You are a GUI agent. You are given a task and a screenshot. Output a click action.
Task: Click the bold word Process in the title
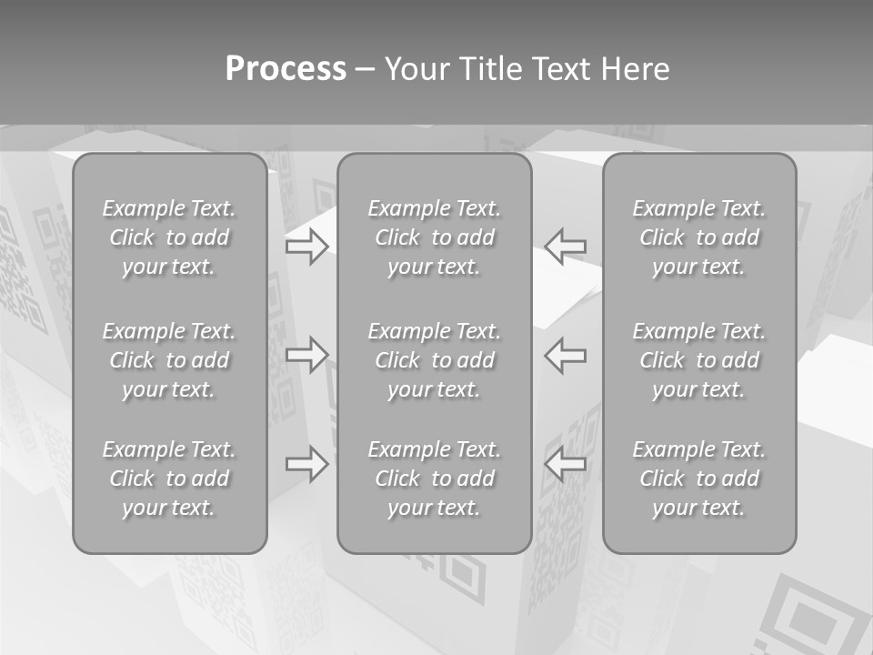[x=286, y=69]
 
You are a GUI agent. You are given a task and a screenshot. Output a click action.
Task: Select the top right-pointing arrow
[x=306, y=246]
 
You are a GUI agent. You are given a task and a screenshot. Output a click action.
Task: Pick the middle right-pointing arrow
[x=306, y=355]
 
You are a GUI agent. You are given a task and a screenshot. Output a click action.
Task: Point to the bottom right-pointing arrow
[x=306, y=464]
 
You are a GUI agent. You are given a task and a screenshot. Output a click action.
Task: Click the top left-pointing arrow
[x=566, y=246]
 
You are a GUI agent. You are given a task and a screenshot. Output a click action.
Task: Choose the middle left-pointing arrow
[x=566, y=355]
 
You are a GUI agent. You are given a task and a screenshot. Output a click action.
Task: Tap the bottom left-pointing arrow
[x=566, y=464]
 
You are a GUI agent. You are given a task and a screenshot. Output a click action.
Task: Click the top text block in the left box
[x=169, y=237]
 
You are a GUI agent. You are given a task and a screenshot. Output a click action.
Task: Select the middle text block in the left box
[x=169, y=360]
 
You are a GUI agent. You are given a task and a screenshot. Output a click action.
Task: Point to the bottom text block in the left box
[x=169, y=479]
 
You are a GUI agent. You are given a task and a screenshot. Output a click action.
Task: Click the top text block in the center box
[x=434, y=237]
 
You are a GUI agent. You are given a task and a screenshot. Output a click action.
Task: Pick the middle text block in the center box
[x=434, y=360]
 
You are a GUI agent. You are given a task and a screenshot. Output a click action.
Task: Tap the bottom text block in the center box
[x=434, y=479]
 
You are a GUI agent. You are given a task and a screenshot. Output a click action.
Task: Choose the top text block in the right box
[x=699, y=237]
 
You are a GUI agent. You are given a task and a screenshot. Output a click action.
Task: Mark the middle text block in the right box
[x=699, y=360]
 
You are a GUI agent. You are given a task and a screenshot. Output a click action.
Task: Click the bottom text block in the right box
[x=699, y=479]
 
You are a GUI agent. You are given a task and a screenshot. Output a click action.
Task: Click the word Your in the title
[x=417, y=69]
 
